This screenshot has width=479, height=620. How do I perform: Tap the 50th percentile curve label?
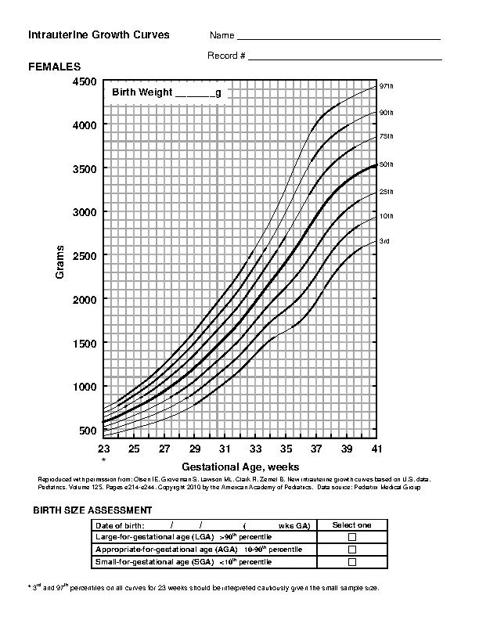click(386, 164)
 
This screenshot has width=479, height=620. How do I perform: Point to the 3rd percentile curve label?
click(384, 241)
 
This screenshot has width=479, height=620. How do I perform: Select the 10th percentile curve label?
click(386, 215)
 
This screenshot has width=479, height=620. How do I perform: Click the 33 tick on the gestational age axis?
click(255, 449)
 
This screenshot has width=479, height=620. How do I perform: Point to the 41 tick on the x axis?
click(377, 449)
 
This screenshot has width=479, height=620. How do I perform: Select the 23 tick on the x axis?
click(103, 449)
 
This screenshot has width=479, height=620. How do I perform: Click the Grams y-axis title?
click(59, 261)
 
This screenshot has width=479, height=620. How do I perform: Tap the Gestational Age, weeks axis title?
click(240, 466)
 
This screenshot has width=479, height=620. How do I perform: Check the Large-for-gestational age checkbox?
click(351, 537)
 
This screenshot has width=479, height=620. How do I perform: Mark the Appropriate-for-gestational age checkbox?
click(351, 550)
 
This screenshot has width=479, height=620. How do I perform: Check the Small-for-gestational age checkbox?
click(351, 562)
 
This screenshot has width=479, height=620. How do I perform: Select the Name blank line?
click(338, 37)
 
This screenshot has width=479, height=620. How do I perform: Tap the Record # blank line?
click(345, 56)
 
